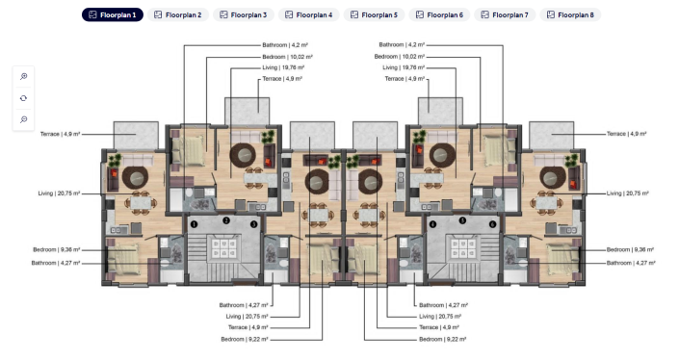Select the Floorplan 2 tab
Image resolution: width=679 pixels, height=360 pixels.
pos(177,15)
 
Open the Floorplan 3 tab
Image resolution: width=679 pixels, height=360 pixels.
pos(243,15)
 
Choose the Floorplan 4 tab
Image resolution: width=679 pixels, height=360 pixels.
pos(308,15)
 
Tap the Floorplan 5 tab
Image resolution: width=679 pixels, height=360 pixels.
pos(374,15)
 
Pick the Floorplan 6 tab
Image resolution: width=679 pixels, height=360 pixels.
pos(439,15)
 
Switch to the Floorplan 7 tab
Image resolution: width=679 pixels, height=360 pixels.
pos(505,15)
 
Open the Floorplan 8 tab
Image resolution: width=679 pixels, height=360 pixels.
pos(570,15)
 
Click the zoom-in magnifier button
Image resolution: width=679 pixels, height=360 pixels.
pos(24,76)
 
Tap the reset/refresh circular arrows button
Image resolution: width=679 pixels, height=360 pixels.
pos(24,98)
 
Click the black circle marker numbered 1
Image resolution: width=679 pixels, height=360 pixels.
pos(195,224)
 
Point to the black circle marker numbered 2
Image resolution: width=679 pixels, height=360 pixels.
pos(224,220)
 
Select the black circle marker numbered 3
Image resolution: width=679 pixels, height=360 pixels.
pos(253,224)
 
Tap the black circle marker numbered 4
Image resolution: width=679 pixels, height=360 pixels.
pos(433,224)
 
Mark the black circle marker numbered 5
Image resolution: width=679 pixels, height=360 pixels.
pos(462,220)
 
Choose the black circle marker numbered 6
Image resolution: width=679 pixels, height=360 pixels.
pos(492,224)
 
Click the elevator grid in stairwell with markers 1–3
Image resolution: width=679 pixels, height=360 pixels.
pos(224,246)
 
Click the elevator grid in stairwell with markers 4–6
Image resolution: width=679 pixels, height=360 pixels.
pos(462,246)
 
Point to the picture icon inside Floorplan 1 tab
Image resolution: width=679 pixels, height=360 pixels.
pos(92,15)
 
